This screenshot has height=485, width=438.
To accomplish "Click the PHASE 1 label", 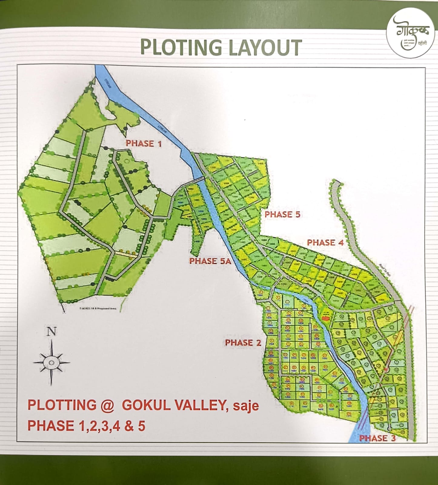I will pyautogui.click(x=144, y=143).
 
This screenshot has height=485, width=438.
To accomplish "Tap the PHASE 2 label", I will pyautogui.click(x=243, y=343).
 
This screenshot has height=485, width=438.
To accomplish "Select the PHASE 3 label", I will pyautogui.click(x=377, y=438).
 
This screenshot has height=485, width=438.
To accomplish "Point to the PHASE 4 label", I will pyautogui.click(x=325, y=242).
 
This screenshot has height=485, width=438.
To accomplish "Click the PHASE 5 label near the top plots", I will pyautogui.click(x=282, y=214).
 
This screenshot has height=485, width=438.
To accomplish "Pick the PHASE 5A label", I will pyautogui.click(x=210, y=261).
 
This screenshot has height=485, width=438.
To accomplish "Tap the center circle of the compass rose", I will pyautogui.click(x=51, y=363).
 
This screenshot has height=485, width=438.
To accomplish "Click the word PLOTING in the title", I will pyautogui.click(x=181, y=48).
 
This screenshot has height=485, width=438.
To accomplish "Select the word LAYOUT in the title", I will pyautogui.click(x=265, y=48).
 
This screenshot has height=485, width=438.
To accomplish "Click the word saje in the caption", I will pyautogui.click(x=246, y=406).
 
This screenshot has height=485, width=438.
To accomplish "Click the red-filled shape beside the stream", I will pyautogui.click(x=325, y=318).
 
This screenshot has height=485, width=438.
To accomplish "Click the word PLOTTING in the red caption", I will pyautogui.click(x=62, y=405).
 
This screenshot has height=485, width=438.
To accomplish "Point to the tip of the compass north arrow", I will pyautogui.click(x=51, y=341).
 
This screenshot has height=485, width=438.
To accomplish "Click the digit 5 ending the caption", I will pyautogui.click(x=141, y=426).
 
